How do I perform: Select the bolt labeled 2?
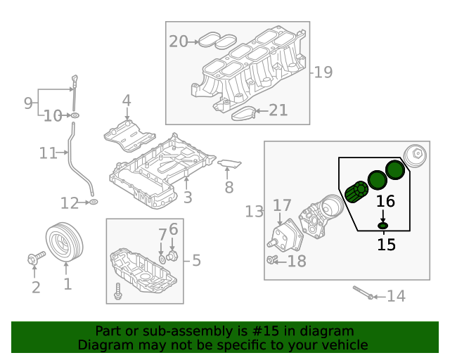click(34, 260)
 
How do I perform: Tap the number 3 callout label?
click(187, 198)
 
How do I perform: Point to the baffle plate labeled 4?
click(128, 136)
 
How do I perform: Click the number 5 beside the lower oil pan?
click(196, 261)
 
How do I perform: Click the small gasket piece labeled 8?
click(229, 165)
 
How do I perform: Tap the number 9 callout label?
click(28, 103)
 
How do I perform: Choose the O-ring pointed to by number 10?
click(74, 115)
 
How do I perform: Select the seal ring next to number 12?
click(92, 203)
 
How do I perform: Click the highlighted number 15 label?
click(386, 245)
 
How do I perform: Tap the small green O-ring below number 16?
click(383, 225)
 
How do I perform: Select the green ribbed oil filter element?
click(356, 192)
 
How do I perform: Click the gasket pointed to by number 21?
click(242, 112)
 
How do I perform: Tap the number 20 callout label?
click(179, 42)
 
